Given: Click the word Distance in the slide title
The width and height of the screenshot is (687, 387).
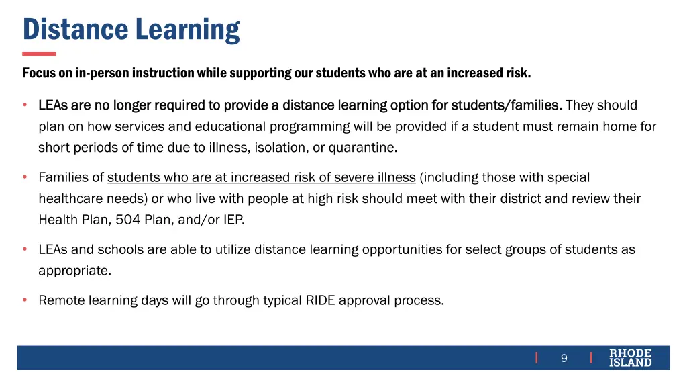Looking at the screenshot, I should [76, 30].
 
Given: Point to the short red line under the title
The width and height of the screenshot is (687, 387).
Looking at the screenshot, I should [39, 54].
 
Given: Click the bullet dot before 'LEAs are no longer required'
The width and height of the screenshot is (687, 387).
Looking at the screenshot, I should [25, 105].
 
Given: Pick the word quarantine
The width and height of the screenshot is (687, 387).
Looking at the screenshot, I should [363, 147].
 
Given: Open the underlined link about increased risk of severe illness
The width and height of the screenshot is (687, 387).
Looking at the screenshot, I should [262, 177].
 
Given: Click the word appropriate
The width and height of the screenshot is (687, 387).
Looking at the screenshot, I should [73, 271].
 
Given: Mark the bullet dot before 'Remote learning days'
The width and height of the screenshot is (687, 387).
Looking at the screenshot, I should [25, 300].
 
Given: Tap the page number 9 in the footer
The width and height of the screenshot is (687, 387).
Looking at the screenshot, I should [564, 358].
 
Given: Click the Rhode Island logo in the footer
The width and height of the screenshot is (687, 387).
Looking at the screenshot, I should [630, 357].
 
